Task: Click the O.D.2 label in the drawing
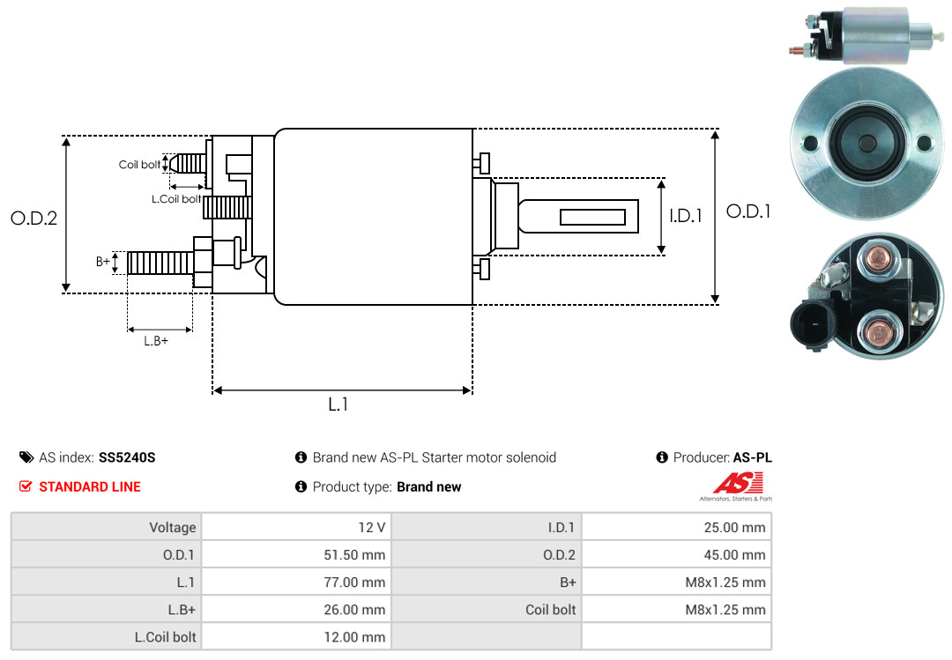point(34,218)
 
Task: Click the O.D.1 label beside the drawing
point(748,211)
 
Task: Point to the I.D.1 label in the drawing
point(686,216)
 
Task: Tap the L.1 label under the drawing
point(338,404)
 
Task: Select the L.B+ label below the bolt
point(156,341)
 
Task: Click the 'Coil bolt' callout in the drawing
point(139,165)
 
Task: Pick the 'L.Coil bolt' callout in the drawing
point(176,198)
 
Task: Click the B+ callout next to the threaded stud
point(103,262)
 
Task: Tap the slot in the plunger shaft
point(592,217)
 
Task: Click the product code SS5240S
point(127,457)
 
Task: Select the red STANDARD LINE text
point(90,487)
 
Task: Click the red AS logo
point(738,484)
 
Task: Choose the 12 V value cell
point(296,527)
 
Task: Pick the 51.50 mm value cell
point(296,554)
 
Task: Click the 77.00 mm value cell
point(296,582)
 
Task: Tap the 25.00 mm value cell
point(676,527)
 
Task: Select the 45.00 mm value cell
point(676,554)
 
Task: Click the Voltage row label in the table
point(173,527)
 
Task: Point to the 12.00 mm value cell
point(296,637)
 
